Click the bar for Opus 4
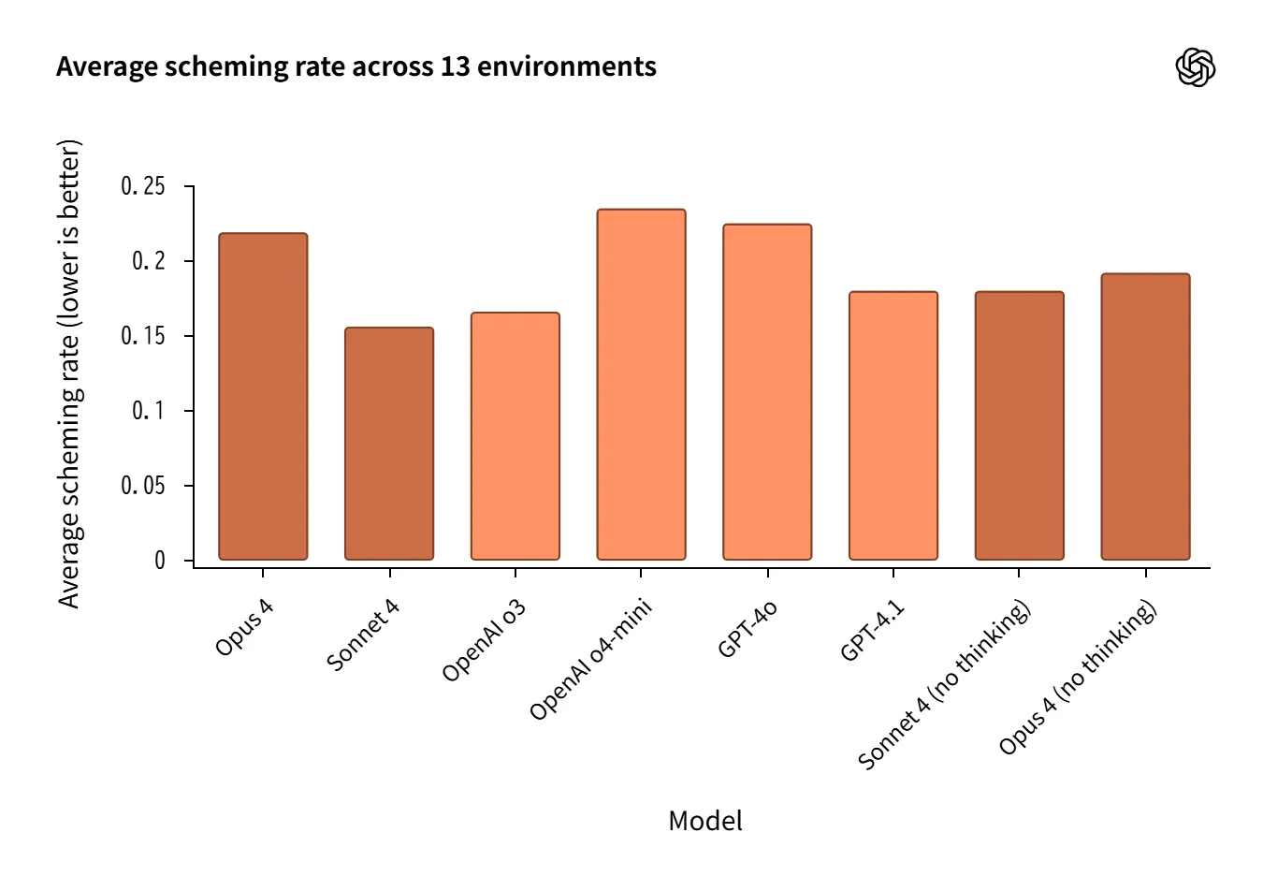click(x=263, y=397)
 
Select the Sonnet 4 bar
click(x=389, y=444)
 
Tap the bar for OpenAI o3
click(x=515, y=436)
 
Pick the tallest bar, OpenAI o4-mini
click(x=641, y=385)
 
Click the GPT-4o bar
click(x=767, y=392)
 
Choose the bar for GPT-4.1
click(x=893, y=426)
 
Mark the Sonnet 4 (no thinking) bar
click(x=1019, y=426)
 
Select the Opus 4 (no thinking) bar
click(x=1145, y=416)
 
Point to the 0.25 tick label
click(x=143, y=186)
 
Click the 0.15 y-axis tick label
click(x=143, y=336)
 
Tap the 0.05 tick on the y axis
click(x=143, y=486)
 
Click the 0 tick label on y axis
click(x=160, y=561)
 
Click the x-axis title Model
click(x=704, y=821)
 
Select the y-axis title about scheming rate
click(x=69, y=374)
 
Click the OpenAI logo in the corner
click(x=1195, y=67)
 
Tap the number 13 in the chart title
click(x=455, y=67)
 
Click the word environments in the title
click(x=567, y=67)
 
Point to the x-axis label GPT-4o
click(x=748, y=629)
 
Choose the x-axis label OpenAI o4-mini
click(x=590, y=659)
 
